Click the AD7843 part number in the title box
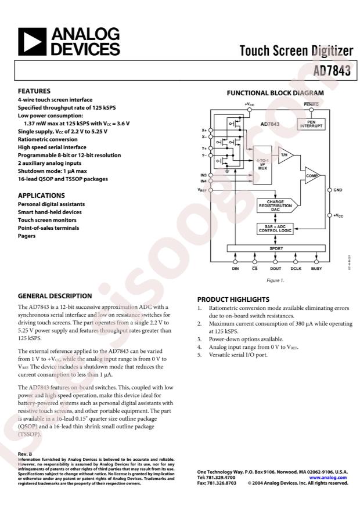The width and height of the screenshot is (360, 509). tap(333, 72)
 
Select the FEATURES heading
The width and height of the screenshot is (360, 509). tap(34, 91)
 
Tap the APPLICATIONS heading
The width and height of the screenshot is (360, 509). tap(41, 196)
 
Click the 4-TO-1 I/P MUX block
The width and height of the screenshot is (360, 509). tap(262, 163)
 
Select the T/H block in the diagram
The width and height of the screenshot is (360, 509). tap(285, 155)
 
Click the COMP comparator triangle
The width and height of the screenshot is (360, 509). tap(311, 176)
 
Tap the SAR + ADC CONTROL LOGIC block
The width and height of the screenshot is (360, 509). tap(276, 228)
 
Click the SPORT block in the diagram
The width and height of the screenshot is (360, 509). tap(276, 248)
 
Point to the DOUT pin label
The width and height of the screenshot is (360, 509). tap(276, 269)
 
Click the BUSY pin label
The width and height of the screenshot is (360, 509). tap(316, 269)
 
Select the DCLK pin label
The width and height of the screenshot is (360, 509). tap(296, 269)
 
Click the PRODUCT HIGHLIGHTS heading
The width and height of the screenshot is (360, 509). tap(233, 299)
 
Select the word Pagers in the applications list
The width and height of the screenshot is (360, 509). tap(27, 237)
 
